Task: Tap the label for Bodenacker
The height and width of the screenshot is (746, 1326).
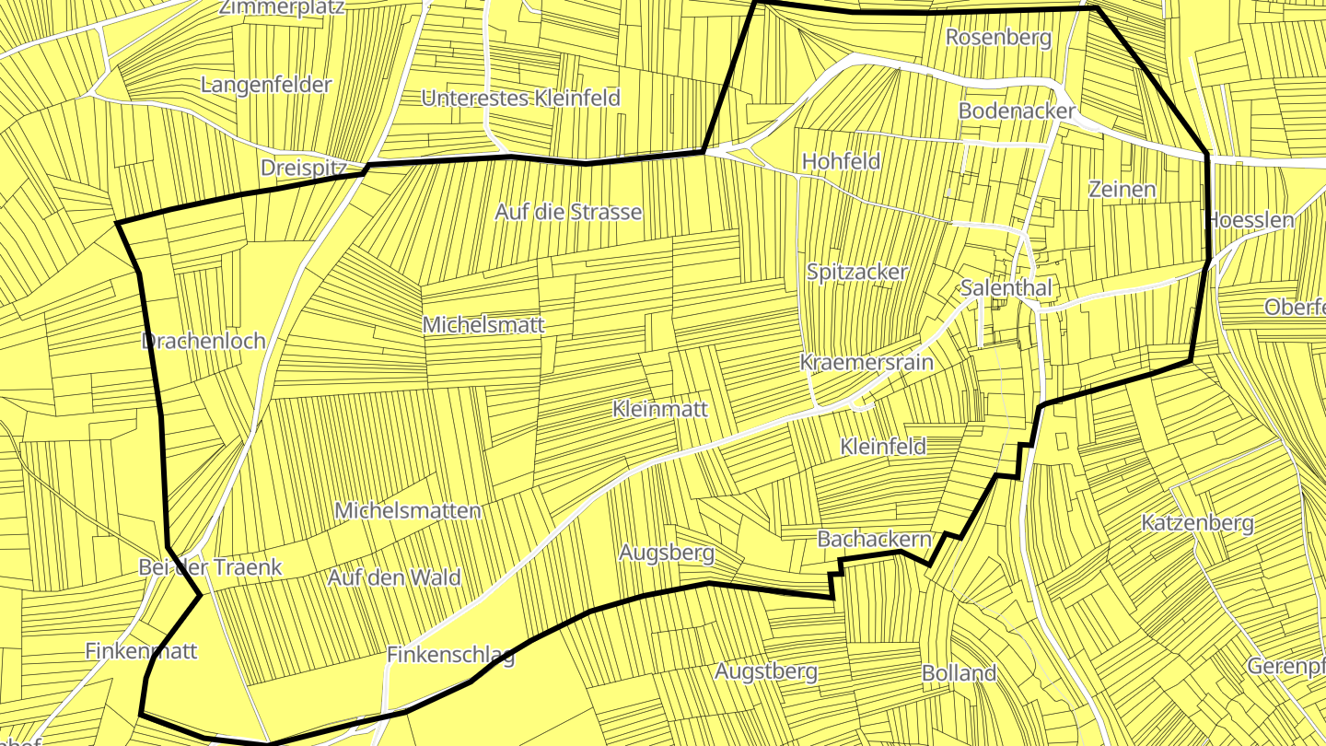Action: [x=1017, y=111]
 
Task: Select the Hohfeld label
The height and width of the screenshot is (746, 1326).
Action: [x=842, y=161]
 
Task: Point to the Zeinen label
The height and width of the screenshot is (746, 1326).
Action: [x=1122, y=190]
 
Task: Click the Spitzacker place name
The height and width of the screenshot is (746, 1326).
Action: [x=857, y=272]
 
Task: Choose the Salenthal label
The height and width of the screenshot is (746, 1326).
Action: [x=1006, y=287]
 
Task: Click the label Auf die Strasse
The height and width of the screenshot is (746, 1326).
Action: [x=568, y=212]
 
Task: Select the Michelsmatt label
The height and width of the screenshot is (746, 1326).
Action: [x=483, y=325]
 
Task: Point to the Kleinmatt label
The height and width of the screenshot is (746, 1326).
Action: [x=660, y=409]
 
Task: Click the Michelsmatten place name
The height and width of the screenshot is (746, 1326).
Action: [x=408, y=510]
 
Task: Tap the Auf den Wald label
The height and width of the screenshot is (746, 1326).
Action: [x=394, y=578]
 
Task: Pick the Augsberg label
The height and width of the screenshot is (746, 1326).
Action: [x=667, y=554]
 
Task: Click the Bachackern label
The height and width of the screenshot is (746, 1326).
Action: [x=875, y=539]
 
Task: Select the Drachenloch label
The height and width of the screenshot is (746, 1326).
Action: [x=204, y=341]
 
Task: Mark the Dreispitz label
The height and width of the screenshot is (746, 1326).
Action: [x=303, y=169]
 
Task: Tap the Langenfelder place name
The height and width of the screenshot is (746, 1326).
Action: [x=266, y=85]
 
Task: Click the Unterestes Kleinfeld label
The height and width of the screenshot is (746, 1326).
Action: [x=521, y=98]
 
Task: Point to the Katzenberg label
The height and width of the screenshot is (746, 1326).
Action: [x=1197, y=523]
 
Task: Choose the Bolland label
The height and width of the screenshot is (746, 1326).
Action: [x=960, y=673]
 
